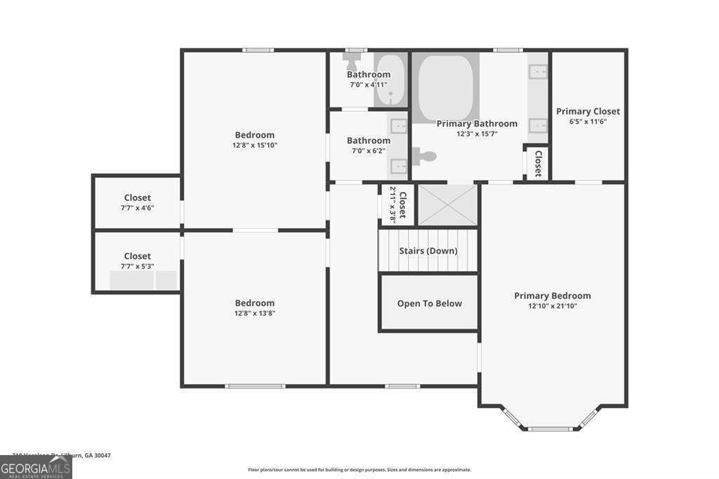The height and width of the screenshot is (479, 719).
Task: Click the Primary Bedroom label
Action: tap(552, 296)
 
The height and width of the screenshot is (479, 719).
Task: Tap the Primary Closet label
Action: tap(588, 111)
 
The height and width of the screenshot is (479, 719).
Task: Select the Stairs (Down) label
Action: tap(428, 251)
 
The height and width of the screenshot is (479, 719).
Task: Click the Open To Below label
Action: tap(429, 303)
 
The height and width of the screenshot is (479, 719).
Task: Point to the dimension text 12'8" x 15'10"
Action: tap(254, 145)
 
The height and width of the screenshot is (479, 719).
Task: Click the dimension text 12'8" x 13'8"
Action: tap(254, 313)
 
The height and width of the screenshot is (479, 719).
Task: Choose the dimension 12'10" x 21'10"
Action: tap(553, 306)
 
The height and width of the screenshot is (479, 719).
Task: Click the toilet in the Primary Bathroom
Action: tap(423, 156)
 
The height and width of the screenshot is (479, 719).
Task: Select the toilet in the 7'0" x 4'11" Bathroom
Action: tap(350, 60)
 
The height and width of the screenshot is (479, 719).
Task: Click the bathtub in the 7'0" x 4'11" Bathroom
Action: tap(390, 79)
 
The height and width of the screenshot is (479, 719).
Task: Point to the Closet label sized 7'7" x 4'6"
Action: tap(137, 198)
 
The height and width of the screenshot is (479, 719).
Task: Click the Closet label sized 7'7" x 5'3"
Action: tap(137, 256)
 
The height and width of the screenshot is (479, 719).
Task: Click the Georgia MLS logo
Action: tap(36, 468)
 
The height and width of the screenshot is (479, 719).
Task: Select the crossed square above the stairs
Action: tap(447, 205)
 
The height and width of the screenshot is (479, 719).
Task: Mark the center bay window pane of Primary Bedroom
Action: tap(551, 428)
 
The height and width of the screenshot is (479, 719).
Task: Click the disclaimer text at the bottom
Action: tap(359, 470)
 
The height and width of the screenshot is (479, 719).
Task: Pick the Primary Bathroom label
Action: tap(477, 124)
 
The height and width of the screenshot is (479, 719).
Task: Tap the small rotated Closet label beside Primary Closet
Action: tap(539, 163)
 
